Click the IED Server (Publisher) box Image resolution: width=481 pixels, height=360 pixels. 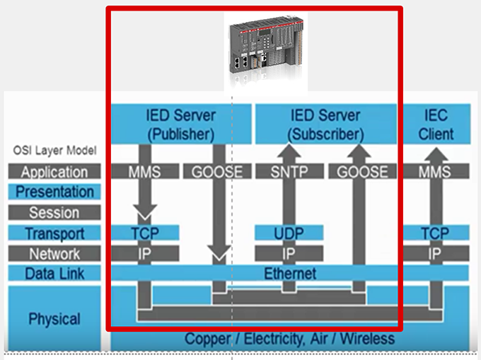(x=181, y=124)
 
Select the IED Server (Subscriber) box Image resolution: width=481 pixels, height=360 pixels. (x=326, y=124)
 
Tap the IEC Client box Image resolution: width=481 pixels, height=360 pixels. (x=436, y=124)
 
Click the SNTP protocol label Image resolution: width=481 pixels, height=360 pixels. (x=289, y=171)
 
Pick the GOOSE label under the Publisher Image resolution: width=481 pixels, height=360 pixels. (x=217, y=171)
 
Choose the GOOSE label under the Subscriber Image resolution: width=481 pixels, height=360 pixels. (x=362, y=171)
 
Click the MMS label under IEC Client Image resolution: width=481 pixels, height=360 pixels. (x=435, y=171)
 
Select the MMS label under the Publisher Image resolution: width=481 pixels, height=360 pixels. (x=145, y=171)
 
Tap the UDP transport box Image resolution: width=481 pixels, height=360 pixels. (x=289, y=233)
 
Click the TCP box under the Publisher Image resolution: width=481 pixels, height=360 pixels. (x=145, y=233)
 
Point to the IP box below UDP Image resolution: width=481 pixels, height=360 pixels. (x=289, y=253)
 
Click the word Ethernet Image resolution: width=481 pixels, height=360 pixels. (x=290, y=273)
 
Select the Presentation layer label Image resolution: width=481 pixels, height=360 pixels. (x=54, y=192)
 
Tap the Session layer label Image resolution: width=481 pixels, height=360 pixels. (x=54, y=212)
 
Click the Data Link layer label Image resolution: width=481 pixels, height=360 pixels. (x=54, y=273)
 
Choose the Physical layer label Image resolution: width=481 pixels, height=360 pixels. (x=54, y=318)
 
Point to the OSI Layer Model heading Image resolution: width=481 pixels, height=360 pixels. (x=54, y=151)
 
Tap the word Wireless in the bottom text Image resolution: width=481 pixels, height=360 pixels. (x=367, y=339)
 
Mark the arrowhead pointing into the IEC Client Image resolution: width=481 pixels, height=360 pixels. (x=436, y=154)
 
